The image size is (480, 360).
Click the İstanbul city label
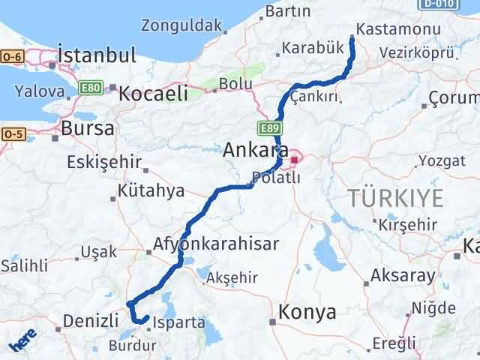(x=97, y=55)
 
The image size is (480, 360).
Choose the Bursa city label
(x=88, y=128)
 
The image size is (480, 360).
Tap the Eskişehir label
(x=103, y=162)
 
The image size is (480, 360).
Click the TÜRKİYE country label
(x=395, y=198)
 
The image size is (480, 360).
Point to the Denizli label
(x=91, y=321)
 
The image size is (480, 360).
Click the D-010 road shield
(x=460, y=4)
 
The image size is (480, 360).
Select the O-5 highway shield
(x=11, y=134)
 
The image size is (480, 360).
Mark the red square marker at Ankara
(x=295, y=159)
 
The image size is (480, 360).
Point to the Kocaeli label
(x=153, y=94)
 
